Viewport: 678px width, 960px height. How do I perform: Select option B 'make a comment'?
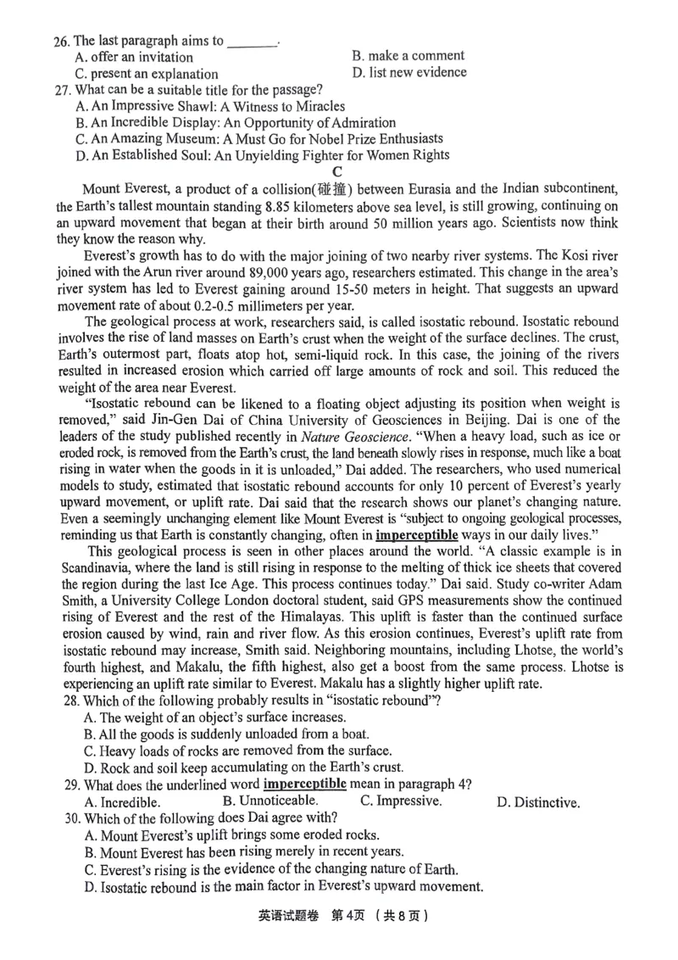[x=407, y=56]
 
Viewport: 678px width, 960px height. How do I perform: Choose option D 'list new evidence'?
[x=408, y=72]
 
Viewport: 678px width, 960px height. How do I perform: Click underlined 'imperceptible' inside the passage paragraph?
[x=416, y=535]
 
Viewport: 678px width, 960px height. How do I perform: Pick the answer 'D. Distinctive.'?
[x=538, y=802]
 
